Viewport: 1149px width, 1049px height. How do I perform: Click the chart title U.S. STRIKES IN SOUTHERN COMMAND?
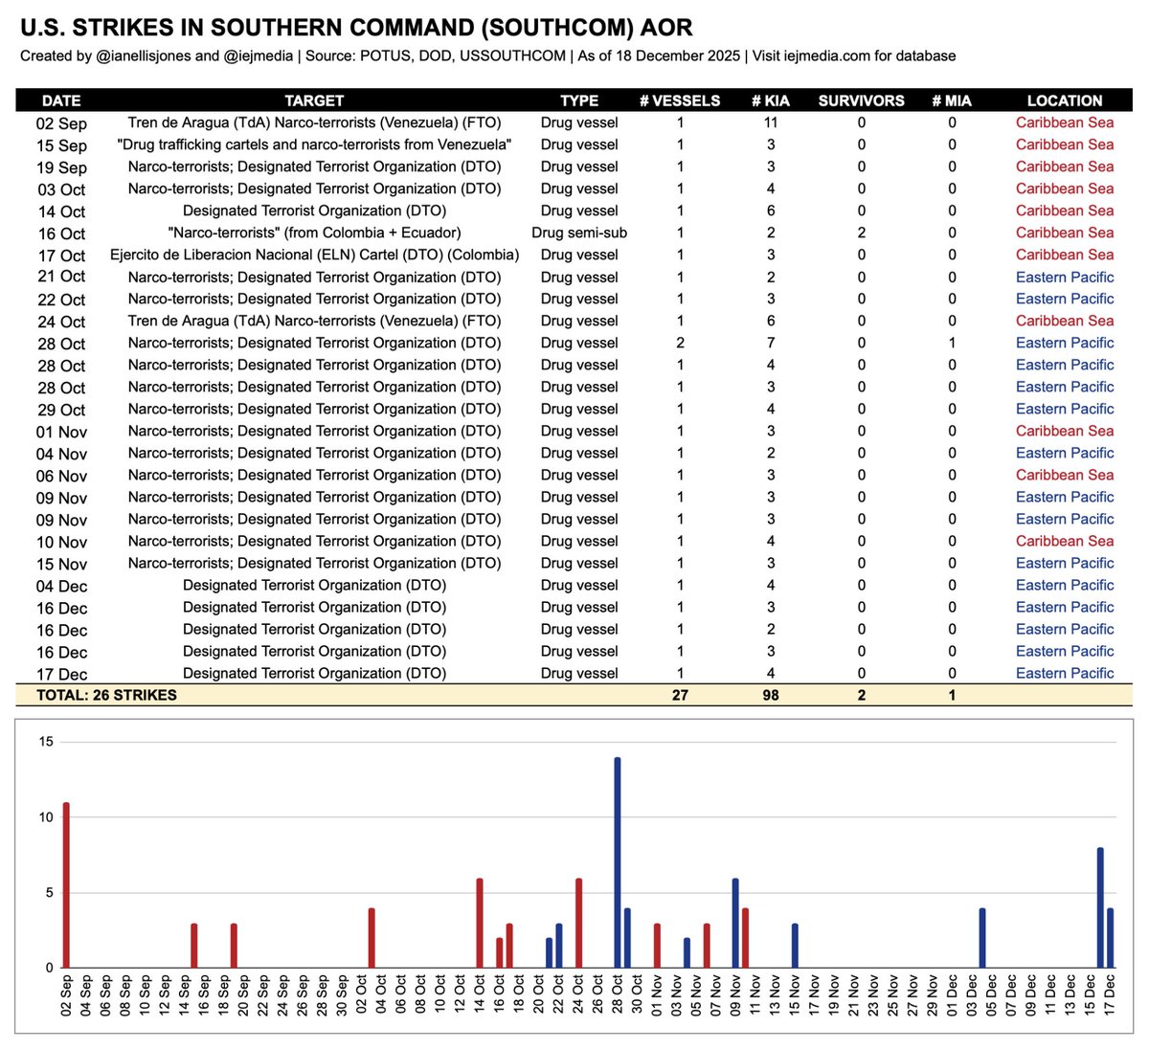pos(356,28)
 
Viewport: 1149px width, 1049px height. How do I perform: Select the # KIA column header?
pos(771,100)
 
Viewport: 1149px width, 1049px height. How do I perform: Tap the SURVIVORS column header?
pos(861,100)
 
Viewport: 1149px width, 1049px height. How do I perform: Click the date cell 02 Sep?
pos(61,123)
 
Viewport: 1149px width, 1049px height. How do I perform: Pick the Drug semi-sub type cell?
pos(579,233)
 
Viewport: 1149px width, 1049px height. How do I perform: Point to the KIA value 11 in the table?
pos(771,123)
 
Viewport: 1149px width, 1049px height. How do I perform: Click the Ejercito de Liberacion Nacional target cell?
pos(314,255)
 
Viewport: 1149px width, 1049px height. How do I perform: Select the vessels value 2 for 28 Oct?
pos(681,343)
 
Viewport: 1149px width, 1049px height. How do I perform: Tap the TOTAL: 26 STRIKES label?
pos(106,695)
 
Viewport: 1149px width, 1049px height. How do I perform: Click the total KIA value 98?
pos(771,695)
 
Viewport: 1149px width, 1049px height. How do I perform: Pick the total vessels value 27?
pos(680,695)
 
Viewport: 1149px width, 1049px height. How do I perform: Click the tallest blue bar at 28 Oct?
pos(618,861)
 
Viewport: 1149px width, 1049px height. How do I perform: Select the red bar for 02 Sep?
pos(66,884)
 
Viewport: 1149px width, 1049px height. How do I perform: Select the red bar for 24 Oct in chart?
pos(578,923)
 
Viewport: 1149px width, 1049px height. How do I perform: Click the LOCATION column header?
pos(1065,100)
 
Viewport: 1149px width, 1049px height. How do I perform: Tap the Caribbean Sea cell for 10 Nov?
pos(1065,541)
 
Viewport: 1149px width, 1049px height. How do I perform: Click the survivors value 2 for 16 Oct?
pos(861,233)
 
